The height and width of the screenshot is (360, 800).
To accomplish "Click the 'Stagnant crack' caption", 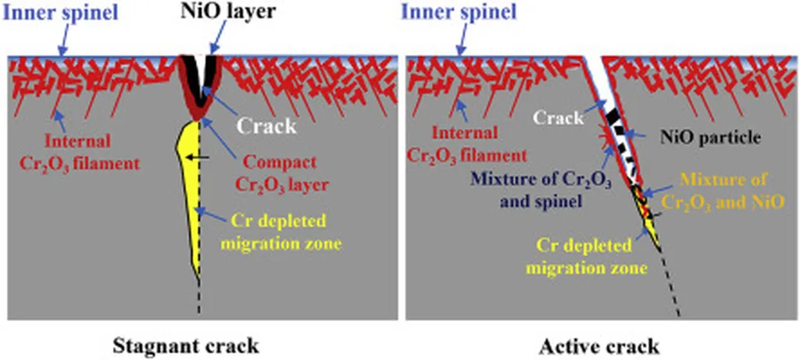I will [x=186, y=344].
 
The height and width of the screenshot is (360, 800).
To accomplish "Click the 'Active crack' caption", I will [x=599, y=344].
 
